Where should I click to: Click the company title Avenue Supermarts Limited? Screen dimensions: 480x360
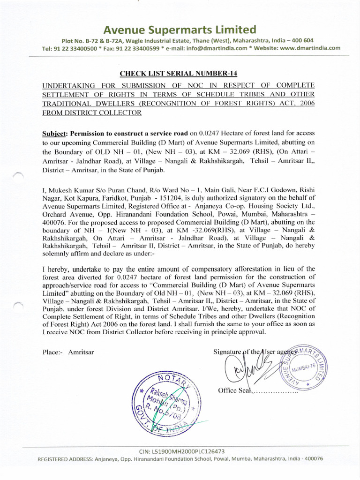[x=180, y=30]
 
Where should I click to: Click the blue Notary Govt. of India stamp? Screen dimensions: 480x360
[x=166, y=398]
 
